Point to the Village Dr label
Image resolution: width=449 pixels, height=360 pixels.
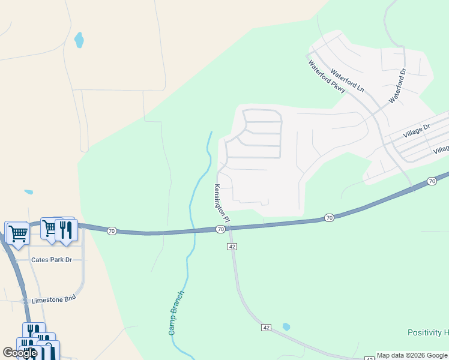coord(417,132)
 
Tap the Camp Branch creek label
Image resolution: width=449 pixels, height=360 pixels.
coord(175,313)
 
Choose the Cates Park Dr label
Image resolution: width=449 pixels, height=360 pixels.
coord(51,260)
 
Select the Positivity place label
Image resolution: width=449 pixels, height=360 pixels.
coord(428,332)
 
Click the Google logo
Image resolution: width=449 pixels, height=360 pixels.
coord(20,353)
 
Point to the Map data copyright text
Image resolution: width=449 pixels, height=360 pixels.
coord(412,355)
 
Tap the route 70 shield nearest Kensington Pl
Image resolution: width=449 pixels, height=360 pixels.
coord(221,229)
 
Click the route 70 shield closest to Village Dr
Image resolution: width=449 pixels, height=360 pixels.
coord(432,181)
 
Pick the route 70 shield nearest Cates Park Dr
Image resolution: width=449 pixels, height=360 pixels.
coord(111,230)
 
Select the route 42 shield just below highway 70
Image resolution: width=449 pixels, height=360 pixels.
coord(232,247)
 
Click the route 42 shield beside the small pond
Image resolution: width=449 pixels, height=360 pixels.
coord(267,327)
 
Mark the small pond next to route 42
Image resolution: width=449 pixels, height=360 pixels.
coord(286,327)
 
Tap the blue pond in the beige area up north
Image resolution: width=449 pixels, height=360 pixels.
coord(79,40)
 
